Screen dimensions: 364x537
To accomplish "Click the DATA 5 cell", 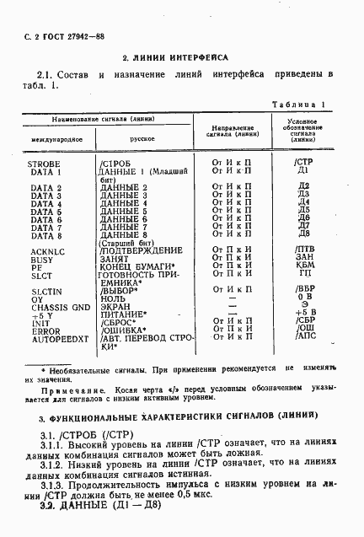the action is pyautogui.click(x=47, y=211).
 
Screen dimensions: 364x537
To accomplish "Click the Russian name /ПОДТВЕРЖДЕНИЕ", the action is pyautogui.click(x=140, y=250).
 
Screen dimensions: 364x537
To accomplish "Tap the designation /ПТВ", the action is pyautogui.click(x=305, y=250).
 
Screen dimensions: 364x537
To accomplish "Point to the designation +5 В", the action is pyautogui.click(x=305, y=313).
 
